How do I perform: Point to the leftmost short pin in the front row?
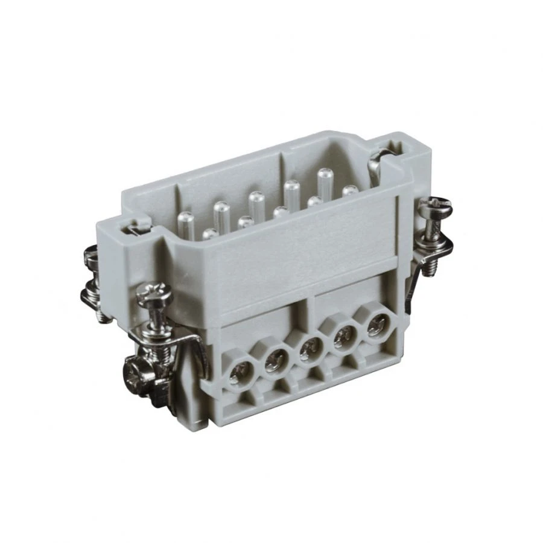click(x=209, y=233)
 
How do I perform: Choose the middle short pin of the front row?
click(x=280, y=212)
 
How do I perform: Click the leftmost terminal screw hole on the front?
click(x=237, y=377)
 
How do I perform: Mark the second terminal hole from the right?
click(x=345, y=335)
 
